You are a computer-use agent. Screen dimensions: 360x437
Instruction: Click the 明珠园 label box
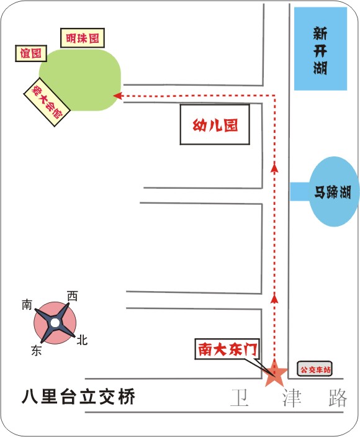83,38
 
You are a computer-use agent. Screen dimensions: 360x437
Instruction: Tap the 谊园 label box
30,53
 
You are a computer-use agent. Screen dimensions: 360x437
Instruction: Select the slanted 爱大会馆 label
47,102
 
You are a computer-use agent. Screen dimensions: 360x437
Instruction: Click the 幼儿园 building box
215,125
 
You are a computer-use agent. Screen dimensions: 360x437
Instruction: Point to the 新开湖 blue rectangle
320,49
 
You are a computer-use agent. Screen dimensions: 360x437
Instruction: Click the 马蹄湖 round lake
333,192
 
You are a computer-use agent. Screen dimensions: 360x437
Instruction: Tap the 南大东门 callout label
227,349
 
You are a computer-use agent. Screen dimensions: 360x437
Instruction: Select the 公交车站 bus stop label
315,369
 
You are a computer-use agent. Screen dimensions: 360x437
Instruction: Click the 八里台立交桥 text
79,396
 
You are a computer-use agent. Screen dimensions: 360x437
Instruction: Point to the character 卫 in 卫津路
240,398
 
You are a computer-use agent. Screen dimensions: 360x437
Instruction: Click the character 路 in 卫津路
338,398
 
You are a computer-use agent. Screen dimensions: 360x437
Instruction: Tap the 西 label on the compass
72,296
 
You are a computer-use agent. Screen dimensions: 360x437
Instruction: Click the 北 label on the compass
82,340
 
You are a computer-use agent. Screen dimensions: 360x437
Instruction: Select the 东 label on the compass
37,350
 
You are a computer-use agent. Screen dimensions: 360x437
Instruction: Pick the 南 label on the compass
27,305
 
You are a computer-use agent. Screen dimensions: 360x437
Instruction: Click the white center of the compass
55,323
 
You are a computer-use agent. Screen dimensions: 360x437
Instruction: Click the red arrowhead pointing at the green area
117,96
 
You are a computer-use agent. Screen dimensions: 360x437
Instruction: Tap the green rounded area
80,80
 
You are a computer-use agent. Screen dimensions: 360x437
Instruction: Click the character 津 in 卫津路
292,398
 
